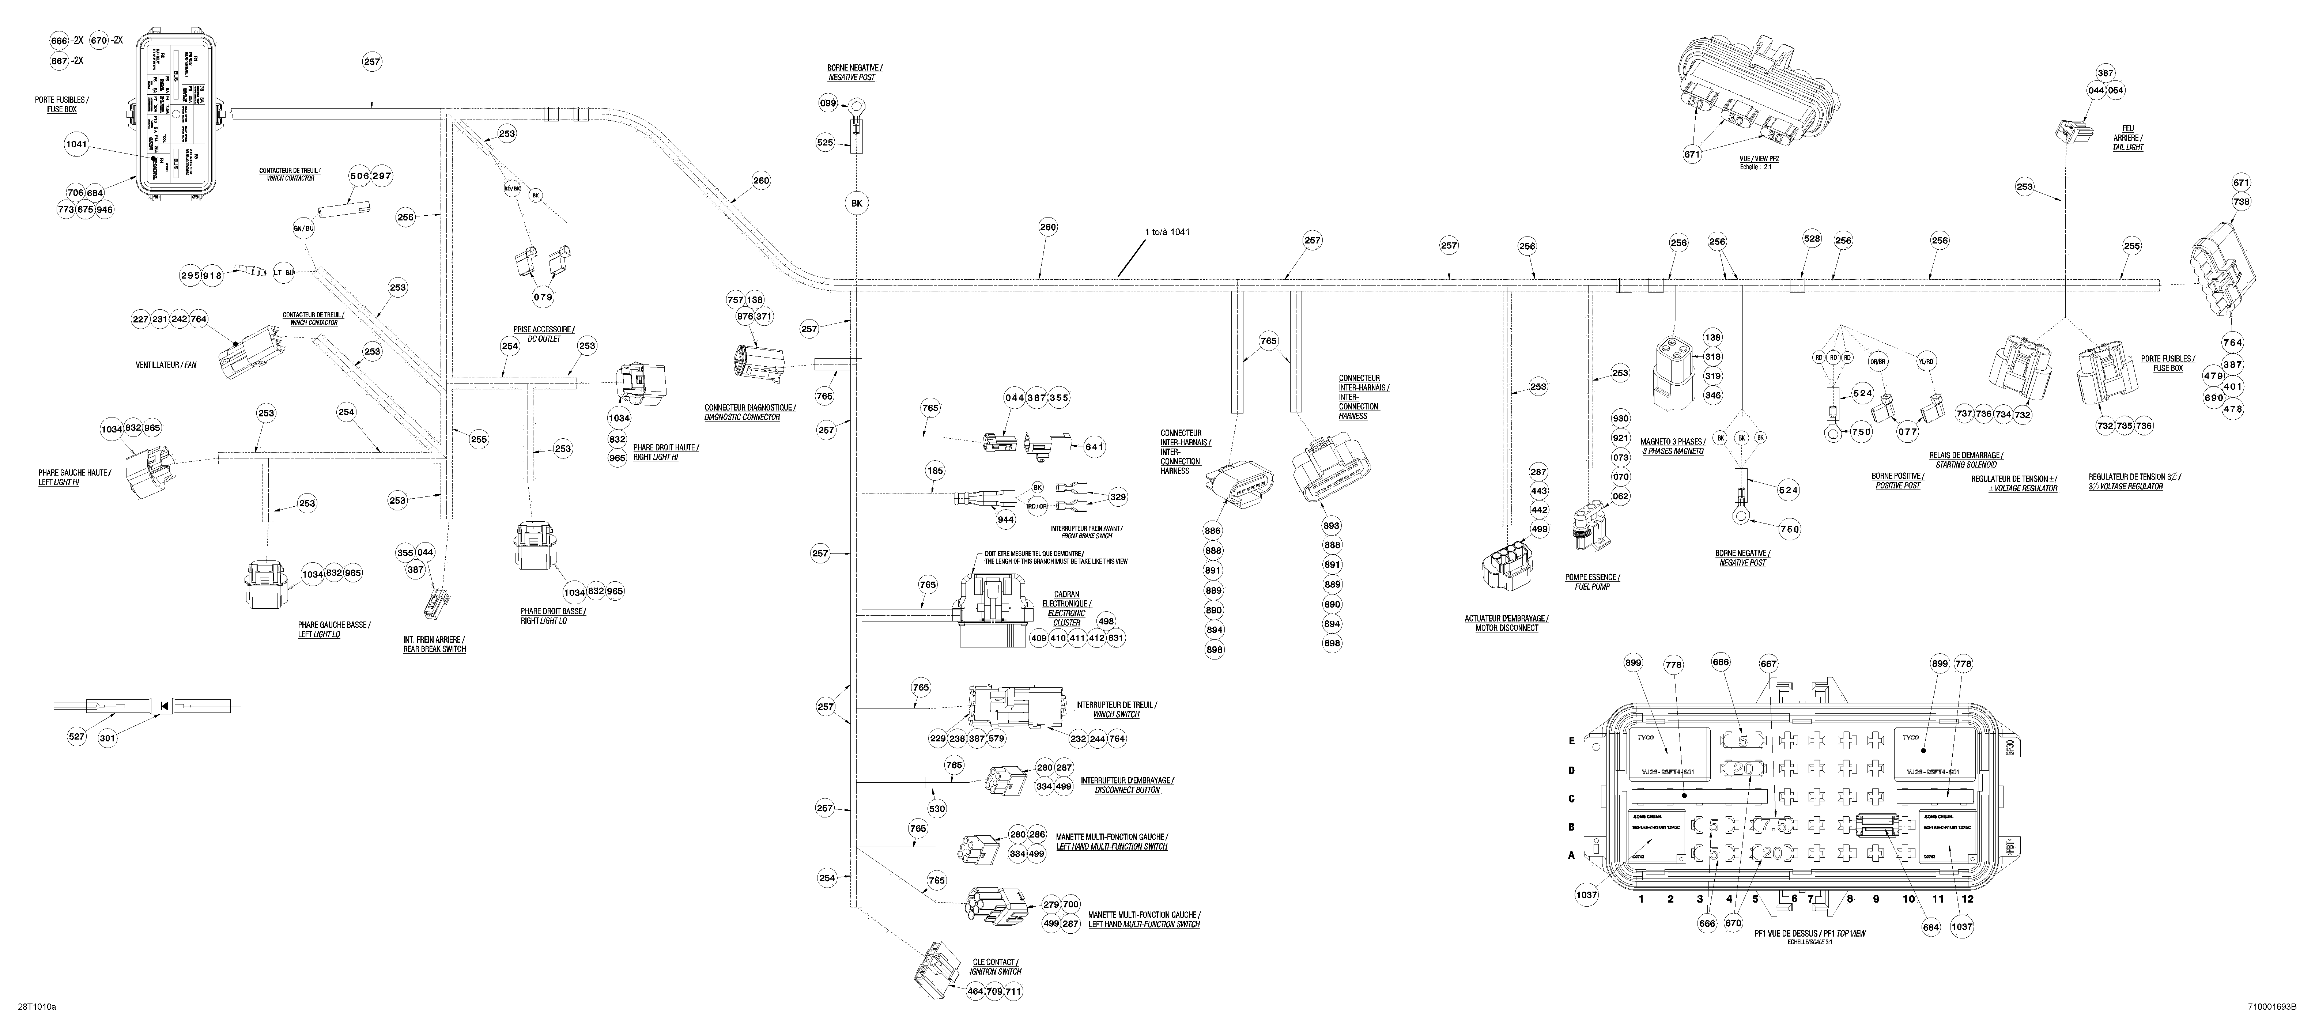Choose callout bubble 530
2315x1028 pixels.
936,809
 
